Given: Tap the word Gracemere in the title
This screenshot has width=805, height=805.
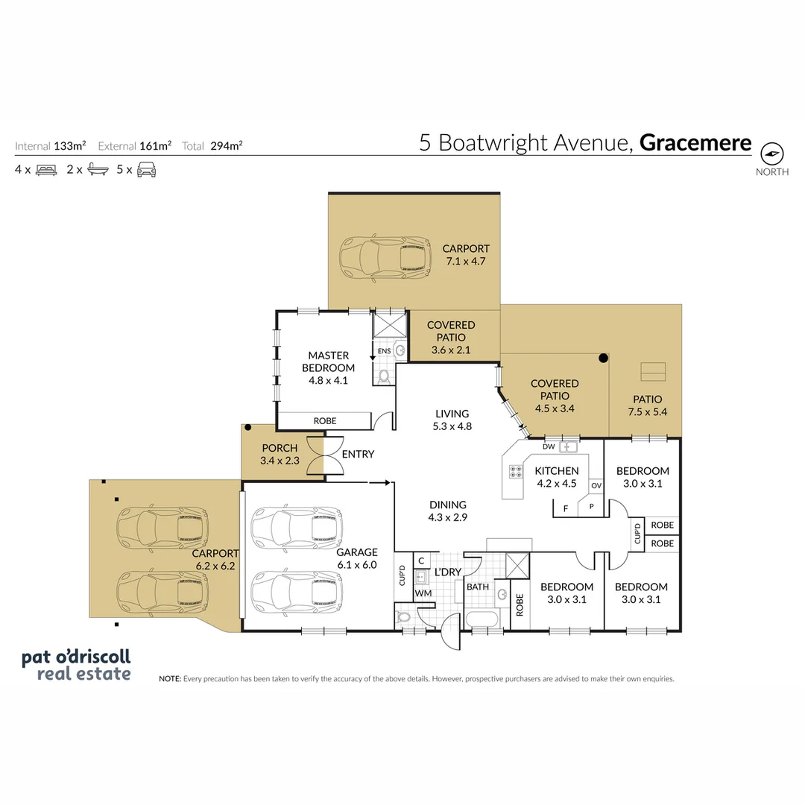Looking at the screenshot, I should [695, 142].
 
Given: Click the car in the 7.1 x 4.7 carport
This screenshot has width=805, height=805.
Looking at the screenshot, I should [385, 258].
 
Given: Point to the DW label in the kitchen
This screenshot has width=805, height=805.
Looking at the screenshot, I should [549, 447].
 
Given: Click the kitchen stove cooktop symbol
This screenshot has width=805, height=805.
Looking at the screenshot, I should [515, 471].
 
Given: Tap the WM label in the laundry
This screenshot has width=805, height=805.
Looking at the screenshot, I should [423, 593].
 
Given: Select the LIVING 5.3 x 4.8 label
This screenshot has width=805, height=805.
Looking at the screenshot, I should [452, 420].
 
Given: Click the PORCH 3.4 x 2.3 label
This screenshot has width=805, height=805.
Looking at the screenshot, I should [280, 454].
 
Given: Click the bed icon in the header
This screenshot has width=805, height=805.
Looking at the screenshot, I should [46, 170].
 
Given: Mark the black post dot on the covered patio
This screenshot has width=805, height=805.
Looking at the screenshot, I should [603, 359].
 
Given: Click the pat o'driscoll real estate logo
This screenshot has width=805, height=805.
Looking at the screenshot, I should [76, 665].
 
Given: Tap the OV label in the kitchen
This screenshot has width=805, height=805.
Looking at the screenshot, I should [596, 486].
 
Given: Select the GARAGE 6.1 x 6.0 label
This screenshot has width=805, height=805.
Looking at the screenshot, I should [356, 558].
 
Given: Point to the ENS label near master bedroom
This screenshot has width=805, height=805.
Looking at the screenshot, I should [384, 350].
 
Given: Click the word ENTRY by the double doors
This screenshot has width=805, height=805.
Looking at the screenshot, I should [358, 454].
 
